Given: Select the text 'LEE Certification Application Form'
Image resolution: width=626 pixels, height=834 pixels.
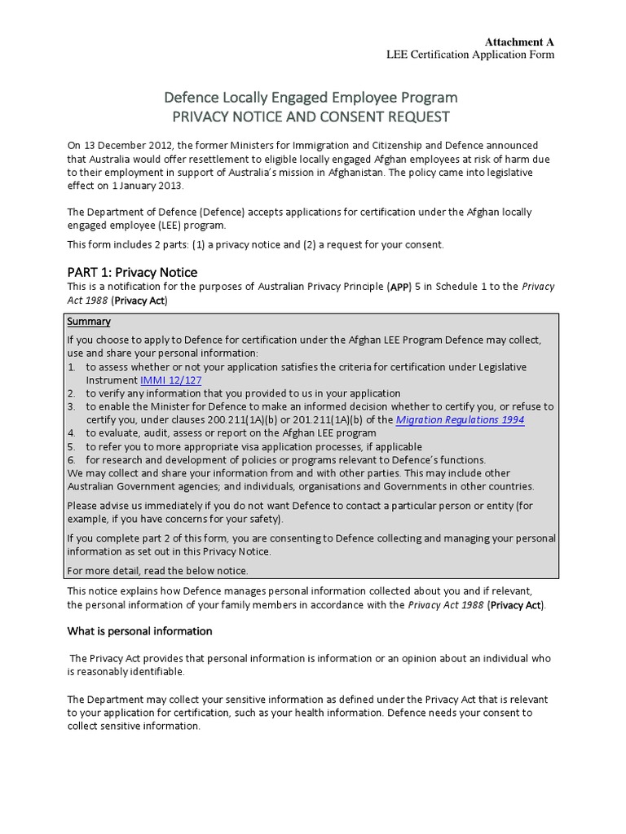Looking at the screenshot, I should (469, 55).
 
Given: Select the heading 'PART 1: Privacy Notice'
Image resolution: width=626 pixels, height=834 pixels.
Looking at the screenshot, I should (132, 272).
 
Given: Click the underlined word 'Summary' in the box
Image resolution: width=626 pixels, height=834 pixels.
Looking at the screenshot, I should (89, 322).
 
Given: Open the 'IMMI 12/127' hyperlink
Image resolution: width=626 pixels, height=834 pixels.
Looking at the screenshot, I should (170, 380).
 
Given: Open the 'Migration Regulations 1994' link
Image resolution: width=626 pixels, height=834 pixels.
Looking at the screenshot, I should (460, 420).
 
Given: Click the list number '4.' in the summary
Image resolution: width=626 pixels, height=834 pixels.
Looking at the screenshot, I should (73, 433).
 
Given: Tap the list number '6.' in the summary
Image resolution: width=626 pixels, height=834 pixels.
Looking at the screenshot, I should (73, 459).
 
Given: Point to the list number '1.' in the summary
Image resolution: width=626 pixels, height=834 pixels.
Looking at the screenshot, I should (73, 367).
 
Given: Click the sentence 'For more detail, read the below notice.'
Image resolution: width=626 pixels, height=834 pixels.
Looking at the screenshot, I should (157, 570).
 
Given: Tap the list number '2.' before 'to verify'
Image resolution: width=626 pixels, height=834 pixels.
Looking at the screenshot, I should (73, 393).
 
